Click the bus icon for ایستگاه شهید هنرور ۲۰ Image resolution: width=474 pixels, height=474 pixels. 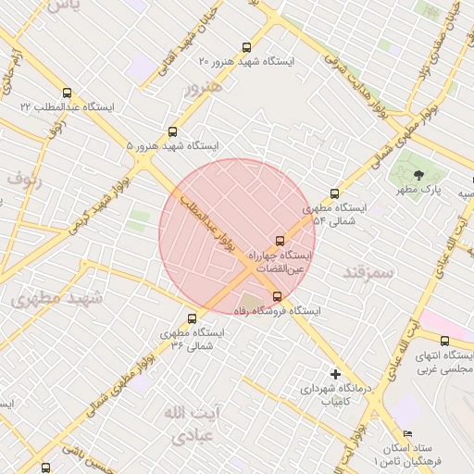point(245,46)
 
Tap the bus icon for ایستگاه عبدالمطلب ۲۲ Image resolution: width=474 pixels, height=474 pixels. point(66,94)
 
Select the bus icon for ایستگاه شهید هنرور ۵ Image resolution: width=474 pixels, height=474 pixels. point(172,132)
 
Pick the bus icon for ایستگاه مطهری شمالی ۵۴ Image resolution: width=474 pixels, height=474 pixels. point(334,194)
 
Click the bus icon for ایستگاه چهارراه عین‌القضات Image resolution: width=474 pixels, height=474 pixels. point(281,241)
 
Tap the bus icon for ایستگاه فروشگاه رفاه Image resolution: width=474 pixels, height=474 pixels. point(278,296)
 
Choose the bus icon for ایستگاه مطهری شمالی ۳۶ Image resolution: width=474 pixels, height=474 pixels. point(192,319)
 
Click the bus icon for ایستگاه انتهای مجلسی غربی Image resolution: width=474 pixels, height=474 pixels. point(444,342)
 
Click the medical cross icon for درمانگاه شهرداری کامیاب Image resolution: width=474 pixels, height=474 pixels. point(335,374)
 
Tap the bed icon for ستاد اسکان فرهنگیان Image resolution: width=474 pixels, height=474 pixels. point(408,433)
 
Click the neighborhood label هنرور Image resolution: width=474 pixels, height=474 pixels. point(203,89)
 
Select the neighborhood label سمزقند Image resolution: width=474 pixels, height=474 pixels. point(368,272)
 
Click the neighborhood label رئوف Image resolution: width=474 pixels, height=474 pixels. point(26,177)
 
